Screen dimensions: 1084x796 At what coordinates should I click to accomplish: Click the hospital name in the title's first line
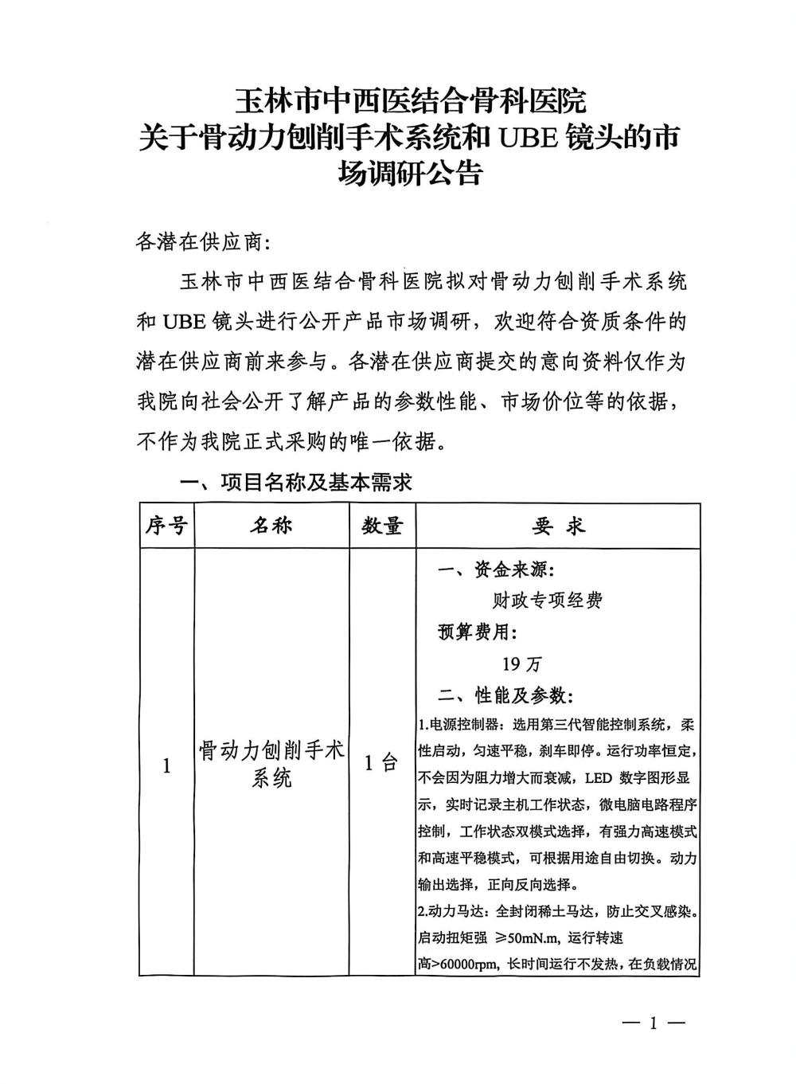coord(410,101)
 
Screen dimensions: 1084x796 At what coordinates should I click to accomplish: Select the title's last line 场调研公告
coord(410,173)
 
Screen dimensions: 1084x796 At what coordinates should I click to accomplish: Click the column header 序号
coord(166,526)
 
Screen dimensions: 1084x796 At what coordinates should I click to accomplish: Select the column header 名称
coord(271,526)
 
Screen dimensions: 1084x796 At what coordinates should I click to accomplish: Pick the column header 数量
coord(382,526)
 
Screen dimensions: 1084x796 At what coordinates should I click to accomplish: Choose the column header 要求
coord(558,526)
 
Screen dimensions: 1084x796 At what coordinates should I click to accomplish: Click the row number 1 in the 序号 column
coord(166,766)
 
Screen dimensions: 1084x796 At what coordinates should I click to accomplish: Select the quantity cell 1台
coord(381,763)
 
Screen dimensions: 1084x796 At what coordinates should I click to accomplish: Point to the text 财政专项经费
coord(548,601)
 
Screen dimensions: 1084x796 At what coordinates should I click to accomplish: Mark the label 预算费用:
coord(478,632)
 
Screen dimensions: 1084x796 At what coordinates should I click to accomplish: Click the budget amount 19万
coord(521,663)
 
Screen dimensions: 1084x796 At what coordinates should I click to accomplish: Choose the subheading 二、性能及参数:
coord(504,695)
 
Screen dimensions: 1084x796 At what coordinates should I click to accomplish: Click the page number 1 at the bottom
coord(652,1023)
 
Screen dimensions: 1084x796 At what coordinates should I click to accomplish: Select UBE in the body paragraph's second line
coord(185,323)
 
